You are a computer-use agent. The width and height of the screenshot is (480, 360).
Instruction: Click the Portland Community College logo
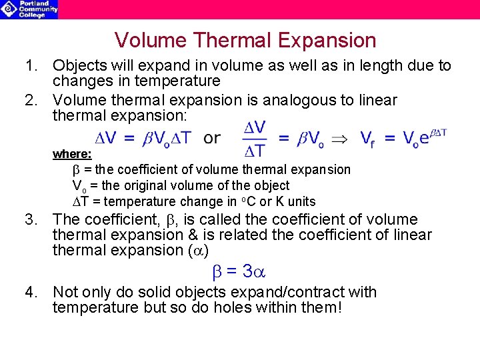(29, 9)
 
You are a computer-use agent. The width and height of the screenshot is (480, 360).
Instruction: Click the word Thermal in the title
(226, 41)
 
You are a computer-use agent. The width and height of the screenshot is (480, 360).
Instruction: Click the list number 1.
(29, 66)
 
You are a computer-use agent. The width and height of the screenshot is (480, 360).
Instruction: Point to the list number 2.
(29, 101)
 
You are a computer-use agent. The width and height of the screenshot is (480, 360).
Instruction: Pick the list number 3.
(29, 219)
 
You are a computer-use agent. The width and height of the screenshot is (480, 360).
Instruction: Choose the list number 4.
(29, 292)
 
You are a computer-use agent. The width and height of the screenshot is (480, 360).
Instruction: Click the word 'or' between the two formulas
(212, 138)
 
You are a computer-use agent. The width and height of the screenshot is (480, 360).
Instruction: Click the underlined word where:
(72, 154)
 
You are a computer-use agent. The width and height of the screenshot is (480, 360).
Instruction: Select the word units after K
(301, 201)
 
